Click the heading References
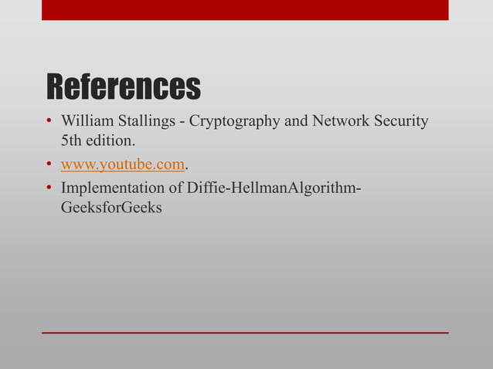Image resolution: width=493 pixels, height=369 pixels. click(124, 87)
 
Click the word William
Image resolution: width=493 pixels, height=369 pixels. click(88, 122)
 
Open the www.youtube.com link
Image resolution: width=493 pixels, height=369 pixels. click(123, 164)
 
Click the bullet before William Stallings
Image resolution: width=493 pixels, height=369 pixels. click(48, 122)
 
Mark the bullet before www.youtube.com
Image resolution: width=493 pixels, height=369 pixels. click(48, 164)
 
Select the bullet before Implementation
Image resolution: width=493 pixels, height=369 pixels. click(48, 187)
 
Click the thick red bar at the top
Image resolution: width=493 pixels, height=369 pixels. click(245, 9)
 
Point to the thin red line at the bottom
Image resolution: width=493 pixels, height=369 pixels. click(245, 332)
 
